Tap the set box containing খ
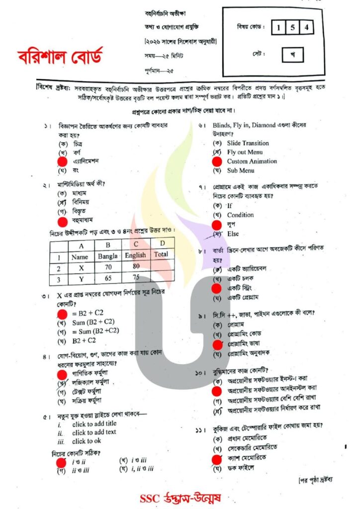click(x=292, y=55)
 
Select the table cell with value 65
click(x=107, y=279)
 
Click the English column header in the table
click(x=135, y=255)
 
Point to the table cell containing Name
click(x=80, y=257)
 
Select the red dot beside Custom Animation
click(x=216, y=161)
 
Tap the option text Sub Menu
click(x=241, y=170)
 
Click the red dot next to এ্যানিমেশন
click(x=62, y=161)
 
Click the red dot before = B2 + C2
click(x=62, y=313)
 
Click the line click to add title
click(x=94, y=424)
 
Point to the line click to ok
click(x=87, y=441)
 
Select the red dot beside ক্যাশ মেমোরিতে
click(x=216, y=459)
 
